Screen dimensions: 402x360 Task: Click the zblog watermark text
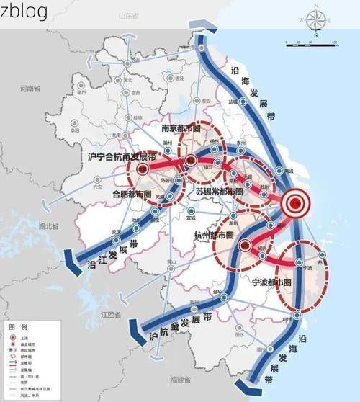[x=24, y=11]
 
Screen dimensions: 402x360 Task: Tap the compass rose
[x=315, y=22]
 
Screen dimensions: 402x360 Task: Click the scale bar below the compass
[x=311, y=46]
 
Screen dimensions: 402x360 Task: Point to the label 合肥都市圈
[x=132, y=195]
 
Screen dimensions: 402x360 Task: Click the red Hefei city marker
[x=143, y=169]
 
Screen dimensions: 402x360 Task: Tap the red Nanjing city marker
[x=191, y=160]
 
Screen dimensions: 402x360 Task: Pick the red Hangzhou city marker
[x=246, y=244]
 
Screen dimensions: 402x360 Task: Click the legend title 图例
[x=17, y=326]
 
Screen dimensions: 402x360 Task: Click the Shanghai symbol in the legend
[x=15, y=337]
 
